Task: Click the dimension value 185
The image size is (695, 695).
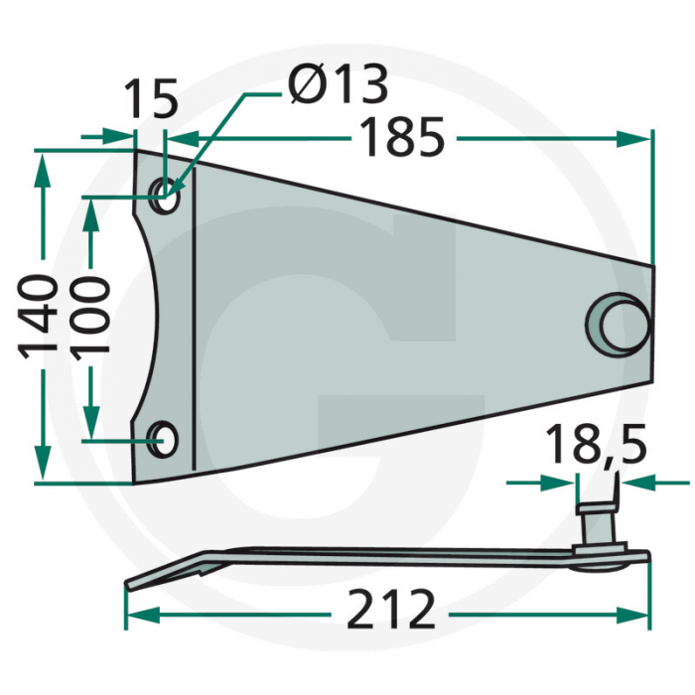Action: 402,137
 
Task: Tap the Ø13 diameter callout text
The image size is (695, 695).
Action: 338,83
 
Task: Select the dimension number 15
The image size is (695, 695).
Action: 152,98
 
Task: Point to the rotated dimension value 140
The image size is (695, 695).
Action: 38,316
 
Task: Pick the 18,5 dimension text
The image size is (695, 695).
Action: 596,443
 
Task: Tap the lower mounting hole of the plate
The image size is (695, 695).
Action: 162,439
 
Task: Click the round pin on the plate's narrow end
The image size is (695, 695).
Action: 619,325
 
